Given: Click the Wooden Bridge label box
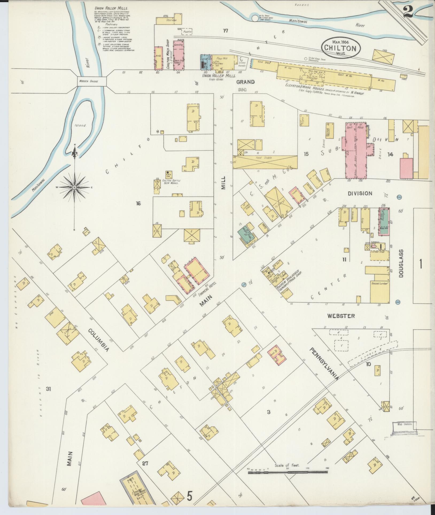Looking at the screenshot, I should (x=92, y=81).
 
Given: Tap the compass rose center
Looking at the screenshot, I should (x=74, y=188).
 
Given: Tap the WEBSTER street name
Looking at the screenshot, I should (x=341, y=316).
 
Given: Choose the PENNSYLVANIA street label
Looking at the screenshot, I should (x=324, y=364).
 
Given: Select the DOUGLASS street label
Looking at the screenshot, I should (x=401, y=263).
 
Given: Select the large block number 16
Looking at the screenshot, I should (x=138, y=204).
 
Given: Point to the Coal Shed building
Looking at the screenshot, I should (x=264, y=63).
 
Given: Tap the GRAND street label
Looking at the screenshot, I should (x=245, y=82).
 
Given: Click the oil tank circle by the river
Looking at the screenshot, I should (x=255, y=18).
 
